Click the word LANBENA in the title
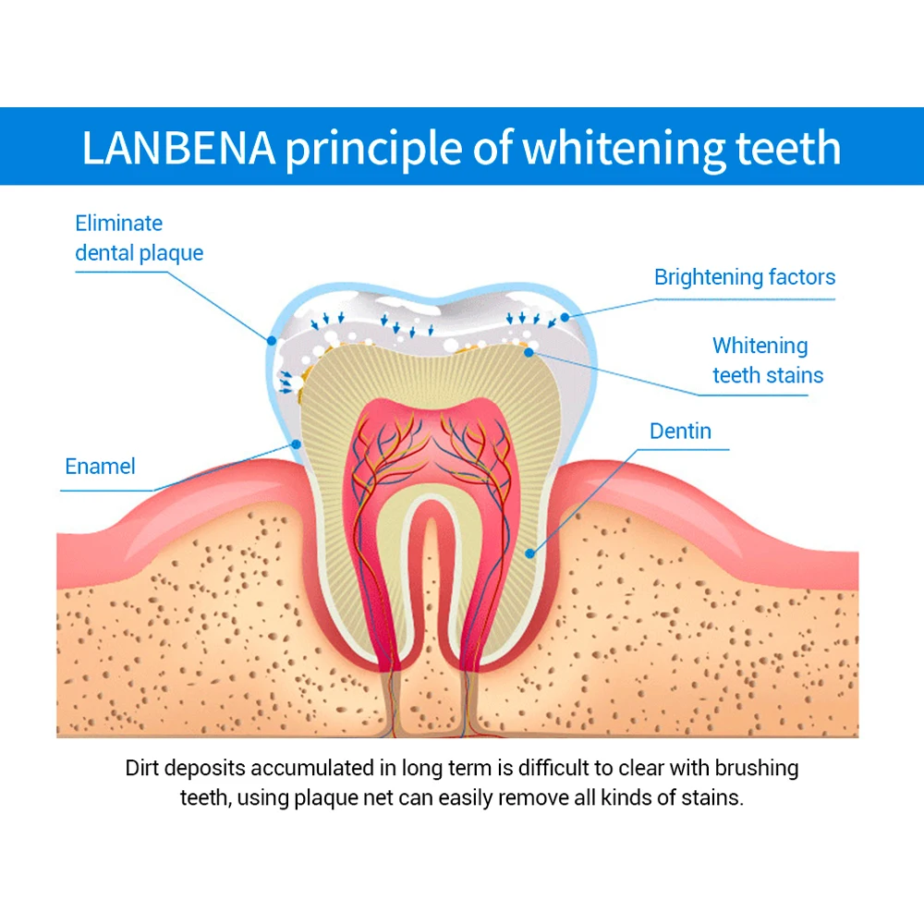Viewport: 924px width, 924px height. tap(178, 149)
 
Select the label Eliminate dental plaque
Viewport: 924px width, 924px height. tap(139, 237)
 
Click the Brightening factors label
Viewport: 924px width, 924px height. tap(744, 277)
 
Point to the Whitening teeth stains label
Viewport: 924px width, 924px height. tap(767, 360)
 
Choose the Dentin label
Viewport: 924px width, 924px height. tap(680, 431)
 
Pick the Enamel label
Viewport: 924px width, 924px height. tap(100, 467)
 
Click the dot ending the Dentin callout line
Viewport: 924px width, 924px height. tap(529, 554)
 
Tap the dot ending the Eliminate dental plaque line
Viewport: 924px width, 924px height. tap(272, 340)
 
